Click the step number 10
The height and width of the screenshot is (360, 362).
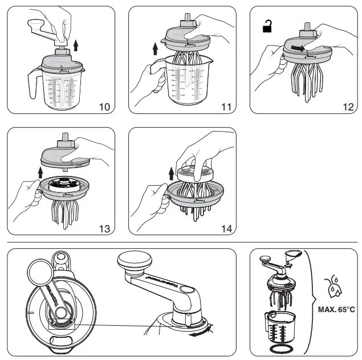(x=105, y=107)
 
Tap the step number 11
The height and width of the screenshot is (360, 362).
(x=226, y=107)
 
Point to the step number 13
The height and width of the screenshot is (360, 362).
(x=104, y=229)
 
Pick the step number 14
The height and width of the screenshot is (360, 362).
(x=226, y=229)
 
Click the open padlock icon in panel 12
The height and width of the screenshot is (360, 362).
(x=267, y=26)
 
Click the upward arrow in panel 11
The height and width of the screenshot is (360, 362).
(x=154, y=49)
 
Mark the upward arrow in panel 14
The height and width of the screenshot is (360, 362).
(x=172, y=170)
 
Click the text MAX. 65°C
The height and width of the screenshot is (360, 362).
(x=336, y=310)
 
